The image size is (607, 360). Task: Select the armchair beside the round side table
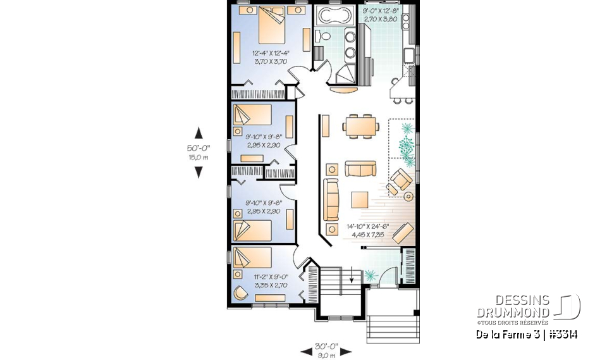[x=399, y=181]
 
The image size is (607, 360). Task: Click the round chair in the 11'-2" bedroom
[x=240, y=294]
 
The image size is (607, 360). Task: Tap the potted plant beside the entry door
[x=371, y=273]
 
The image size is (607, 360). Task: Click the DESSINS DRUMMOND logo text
[x=513, y=306]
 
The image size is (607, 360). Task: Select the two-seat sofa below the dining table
[x=359, y=168]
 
